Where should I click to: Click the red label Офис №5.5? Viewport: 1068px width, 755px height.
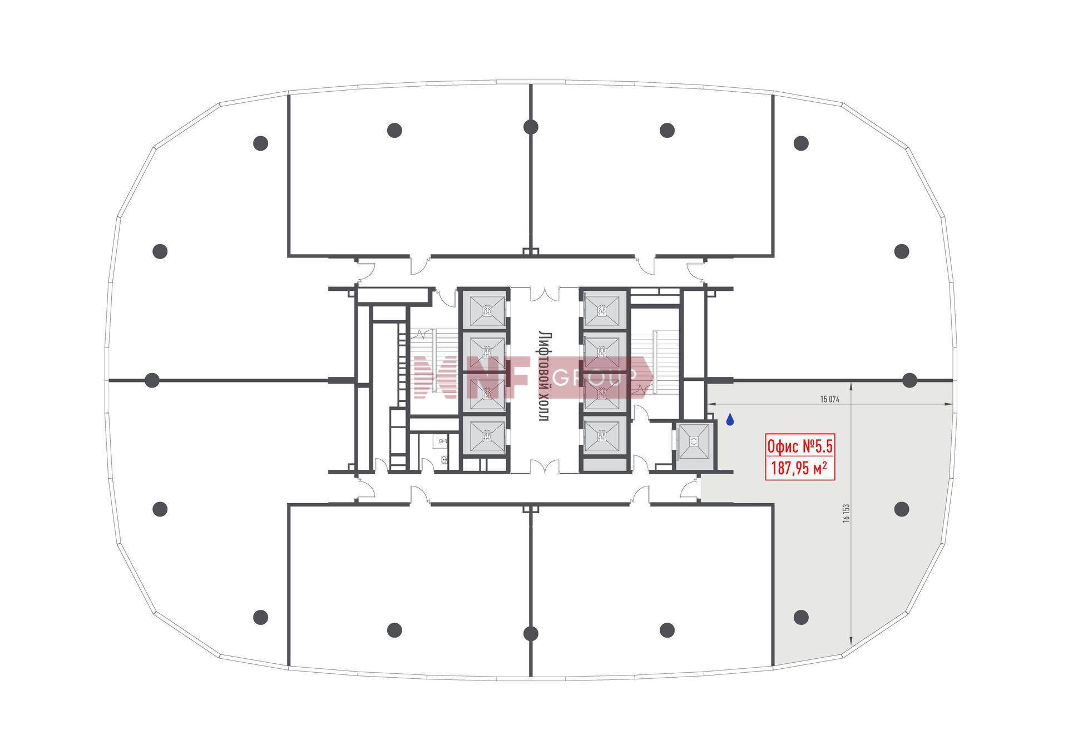800,446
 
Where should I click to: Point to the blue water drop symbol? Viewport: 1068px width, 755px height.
730,420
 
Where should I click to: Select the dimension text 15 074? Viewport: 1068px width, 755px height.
829,399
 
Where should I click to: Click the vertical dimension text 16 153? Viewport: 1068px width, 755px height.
846,513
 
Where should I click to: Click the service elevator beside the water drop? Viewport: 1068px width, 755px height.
694,441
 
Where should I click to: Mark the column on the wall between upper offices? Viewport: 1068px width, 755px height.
531,127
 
